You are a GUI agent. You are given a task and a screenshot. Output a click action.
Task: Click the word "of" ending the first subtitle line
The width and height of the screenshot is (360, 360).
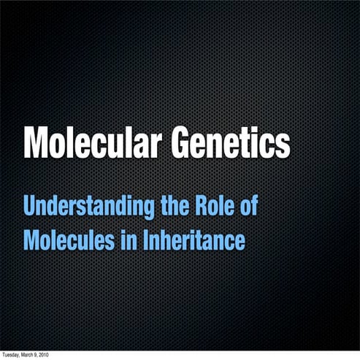point(249,207)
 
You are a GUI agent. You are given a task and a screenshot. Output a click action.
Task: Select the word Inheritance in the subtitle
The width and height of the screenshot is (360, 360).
point(193,240)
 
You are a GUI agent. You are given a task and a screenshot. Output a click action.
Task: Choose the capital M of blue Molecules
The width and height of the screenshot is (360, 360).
point(32,240)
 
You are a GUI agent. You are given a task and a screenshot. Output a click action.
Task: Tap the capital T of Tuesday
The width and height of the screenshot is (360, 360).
point(3,356)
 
